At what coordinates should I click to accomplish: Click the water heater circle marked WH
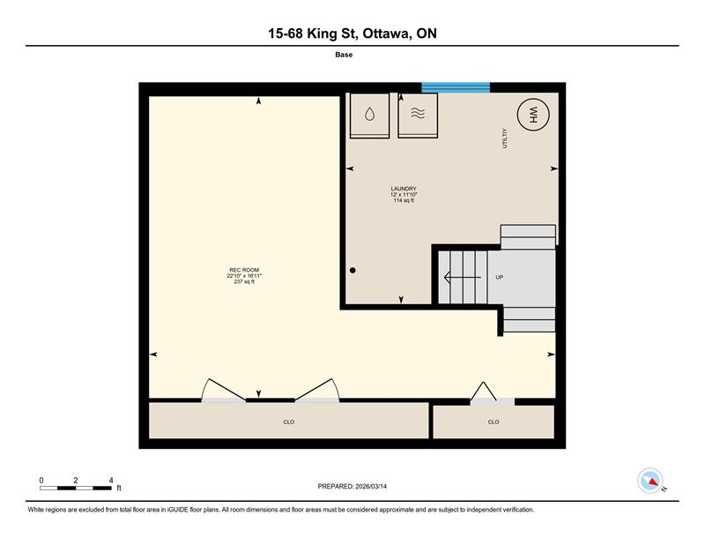pyautogui.click(x=533, y=115)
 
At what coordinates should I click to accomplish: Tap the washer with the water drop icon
pyautogui.click(x=369, y=116)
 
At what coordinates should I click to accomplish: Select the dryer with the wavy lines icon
pyautogui.click(x=418, y=116)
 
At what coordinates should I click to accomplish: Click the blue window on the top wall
pyautogui.click(x=456, y=87)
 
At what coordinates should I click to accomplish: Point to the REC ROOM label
pyautogui.click(x=244, y=270)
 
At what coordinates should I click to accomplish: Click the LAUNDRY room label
pyautogui.click(x=404, y=189)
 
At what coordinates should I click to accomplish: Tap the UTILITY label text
pyautogui.click(x=504, y=138)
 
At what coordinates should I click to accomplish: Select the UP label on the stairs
pyautogui.click(x=499, y=277)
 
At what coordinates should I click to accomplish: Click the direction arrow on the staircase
pyautogui.click(x=462, y=277)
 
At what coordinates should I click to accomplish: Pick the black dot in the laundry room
pyautogui.click(x=353, y=271)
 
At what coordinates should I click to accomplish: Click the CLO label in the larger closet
pyautogui.click(x=289, y=422)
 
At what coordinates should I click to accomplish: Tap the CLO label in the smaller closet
pyautogui.click(x=493, y=422)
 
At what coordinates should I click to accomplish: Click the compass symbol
pyautogui.click(x=650, y=481)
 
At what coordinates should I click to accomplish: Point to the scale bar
pyautogui.click(x=76, y=488)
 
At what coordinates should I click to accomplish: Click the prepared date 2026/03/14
pyautogui.click(x=371, y=487)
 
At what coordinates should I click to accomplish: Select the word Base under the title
pyautogui.click(x=344, y=55)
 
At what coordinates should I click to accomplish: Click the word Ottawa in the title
pyautogui.click(x=387, y=34)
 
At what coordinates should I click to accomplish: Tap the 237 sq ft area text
pyautogui.click(x=244, y=281)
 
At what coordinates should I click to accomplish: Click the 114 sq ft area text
pyautogui.click(x=404, y=200)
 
